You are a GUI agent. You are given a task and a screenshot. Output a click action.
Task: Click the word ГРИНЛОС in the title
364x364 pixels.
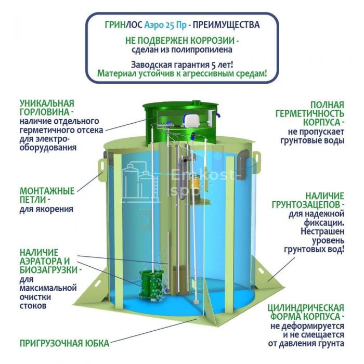coord(124,25)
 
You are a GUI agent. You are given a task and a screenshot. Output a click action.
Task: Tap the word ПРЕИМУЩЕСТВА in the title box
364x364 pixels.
coord(226,25)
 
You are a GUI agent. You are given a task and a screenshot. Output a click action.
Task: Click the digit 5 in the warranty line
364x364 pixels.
coord(213,65)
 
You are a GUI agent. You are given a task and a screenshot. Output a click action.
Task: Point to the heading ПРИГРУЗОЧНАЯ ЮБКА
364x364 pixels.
coord(64,343)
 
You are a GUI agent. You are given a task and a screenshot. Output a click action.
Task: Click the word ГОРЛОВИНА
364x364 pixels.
coord(45,112)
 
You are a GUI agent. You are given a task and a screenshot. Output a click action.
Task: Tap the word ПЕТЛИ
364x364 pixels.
coord(33,200)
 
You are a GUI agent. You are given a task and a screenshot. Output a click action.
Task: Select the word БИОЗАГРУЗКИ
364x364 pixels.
coord(48,270)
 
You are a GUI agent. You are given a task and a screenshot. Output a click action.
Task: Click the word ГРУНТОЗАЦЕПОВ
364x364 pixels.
coord(306,205)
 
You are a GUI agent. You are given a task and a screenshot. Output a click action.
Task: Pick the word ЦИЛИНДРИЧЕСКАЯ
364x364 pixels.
coord(306,308)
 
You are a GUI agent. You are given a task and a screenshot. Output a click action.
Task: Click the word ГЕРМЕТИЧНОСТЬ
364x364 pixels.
coord(310,114)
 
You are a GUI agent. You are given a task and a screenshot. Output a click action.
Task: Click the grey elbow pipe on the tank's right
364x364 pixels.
coord(242,164)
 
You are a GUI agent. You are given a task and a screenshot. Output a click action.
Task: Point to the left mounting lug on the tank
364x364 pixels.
coord(101,167)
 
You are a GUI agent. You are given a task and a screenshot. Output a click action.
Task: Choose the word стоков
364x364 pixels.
coord(33,306)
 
